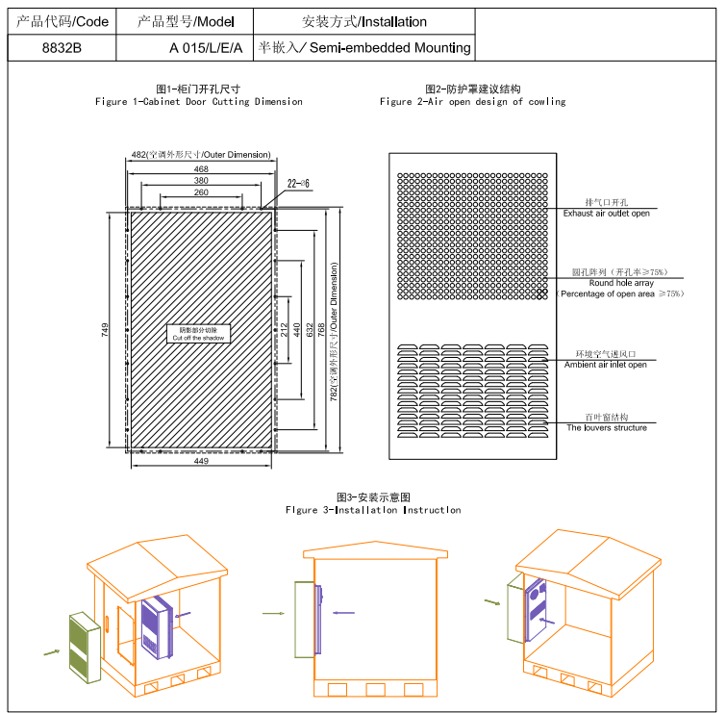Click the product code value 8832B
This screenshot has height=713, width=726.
63,47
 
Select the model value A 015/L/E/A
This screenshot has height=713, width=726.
206,47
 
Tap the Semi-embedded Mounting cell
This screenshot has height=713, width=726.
365,47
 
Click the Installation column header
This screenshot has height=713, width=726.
364,20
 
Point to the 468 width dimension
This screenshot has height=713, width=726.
200,168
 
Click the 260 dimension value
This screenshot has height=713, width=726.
200,192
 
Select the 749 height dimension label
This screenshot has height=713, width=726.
105,328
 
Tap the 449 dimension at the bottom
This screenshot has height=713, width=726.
200,462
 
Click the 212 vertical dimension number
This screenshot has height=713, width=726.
285,328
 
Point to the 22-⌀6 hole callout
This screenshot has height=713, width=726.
298,182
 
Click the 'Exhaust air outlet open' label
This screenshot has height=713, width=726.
606,213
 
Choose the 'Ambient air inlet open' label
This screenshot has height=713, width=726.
605,365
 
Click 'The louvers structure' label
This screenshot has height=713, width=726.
607,427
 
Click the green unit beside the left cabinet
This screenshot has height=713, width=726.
85,646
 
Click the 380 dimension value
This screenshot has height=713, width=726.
200,180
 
